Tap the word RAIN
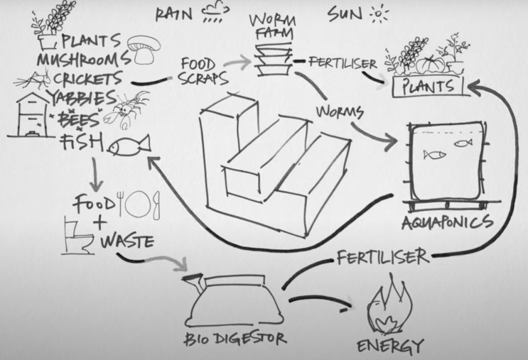tap(174, 14)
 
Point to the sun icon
tap(379, 13)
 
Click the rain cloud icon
tap(216, 13)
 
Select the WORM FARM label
tap(273, 27)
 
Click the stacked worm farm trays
tap(274, 60)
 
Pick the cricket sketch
tap(32, 80)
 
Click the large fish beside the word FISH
tap(129, 146)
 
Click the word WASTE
tap(127, 241)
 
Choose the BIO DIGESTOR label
tap(235, 339)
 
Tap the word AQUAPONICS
tap(447, 223)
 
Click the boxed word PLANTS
tap(429, 87)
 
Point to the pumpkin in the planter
tap(430, 65)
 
